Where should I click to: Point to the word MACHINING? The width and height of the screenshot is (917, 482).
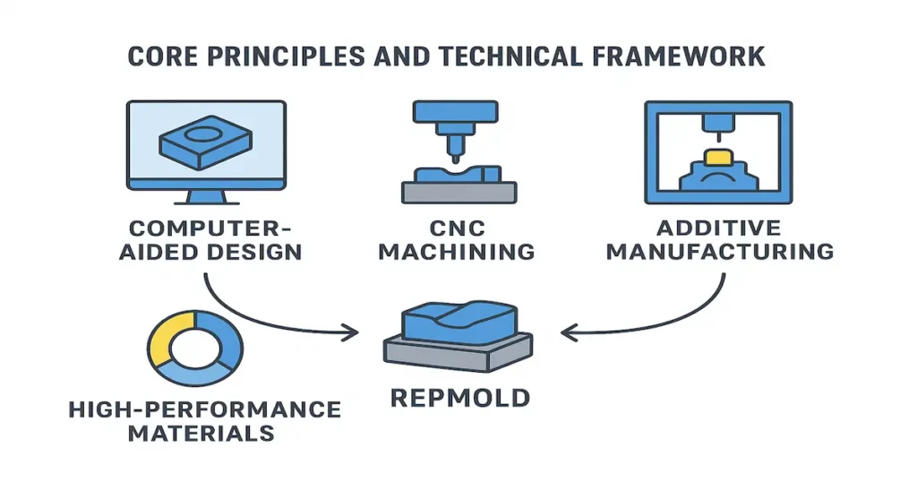tap(457, 251)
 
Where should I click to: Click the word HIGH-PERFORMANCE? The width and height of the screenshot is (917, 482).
tap(204, 410)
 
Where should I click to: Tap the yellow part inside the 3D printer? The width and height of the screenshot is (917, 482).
tap(719, 159)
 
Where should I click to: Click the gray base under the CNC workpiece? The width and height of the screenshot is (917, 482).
tap(458, 192)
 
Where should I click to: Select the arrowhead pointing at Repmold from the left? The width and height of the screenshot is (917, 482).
tap(352, 332)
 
